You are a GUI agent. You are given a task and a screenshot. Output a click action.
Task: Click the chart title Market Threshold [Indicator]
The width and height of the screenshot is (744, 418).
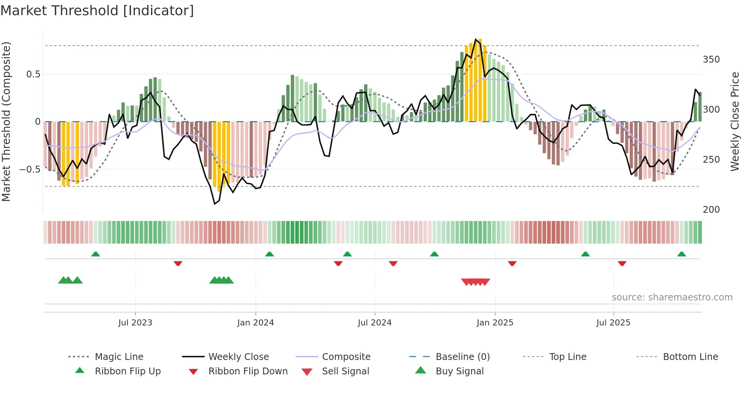(x=97, y=11)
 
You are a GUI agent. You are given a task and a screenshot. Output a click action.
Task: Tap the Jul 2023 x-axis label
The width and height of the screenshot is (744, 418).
(x=135, y=323)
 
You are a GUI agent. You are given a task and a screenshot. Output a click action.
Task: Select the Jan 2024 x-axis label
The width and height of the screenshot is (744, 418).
(x=255, y=323)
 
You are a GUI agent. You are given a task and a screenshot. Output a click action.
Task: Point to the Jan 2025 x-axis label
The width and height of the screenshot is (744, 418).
(x=495, y=323)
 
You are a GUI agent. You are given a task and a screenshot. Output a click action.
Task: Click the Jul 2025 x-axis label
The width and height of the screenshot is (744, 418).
(x=613, y=323)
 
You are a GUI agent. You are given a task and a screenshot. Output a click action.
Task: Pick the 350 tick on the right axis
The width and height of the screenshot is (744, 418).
(x=711, y=60)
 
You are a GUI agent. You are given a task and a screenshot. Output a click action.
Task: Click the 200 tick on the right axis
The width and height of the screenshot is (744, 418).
(x=711, y=209)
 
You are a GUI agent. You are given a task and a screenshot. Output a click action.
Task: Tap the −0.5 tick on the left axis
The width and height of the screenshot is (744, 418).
(x=30, y=169)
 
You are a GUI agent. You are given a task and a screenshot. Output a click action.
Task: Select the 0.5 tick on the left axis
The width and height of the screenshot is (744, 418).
(x=33, y=74)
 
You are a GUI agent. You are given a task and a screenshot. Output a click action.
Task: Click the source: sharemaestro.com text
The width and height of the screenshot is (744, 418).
(x=672, y=297)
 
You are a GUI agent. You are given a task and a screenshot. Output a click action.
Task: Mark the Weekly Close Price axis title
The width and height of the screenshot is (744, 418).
(x=735, y=121)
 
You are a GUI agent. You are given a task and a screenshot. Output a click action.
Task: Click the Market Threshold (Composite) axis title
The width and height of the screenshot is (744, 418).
(x=6, y=121)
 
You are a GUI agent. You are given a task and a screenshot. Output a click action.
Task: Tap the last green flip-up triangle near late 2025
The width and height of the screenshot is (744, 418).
(x=681, y=254)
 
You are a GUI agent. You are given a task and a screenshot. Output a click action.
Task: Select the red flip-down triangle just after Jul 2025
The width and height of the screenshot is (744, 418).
(x=622, y=263)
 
